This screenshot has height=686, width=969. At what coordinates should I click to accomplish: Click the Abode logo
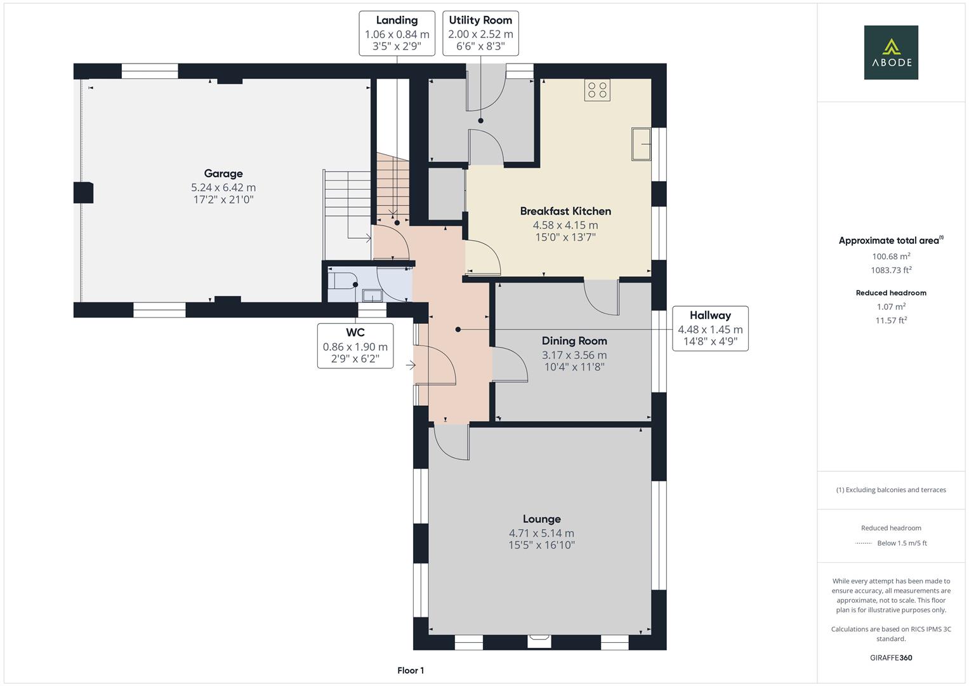click(891, 52)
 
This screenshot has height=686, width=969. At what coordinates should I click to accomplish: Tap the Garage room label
click(223, 173)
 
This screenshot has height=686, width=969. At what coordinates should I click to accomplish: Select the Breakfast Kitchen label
click(565, 211)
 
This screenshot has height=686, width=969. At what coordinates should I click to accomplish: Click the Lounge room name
click(541, 519)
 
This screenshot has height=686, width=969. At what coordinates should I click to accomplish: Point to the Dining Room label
click(574, 341)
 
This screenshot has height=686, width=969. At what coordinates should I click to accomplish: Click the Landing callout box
click(397, 33)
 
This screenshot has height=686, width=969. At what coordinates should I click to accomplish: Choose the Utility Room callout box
click(480, 33)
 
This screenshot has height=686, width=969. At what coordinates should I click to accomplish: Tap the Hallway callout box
click(710, 329)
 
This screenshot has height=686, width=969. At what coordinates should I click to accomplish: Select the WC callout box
click(355, 346)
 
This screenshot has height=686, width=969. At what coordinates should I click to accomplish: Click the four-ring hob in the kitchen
click(597, 90)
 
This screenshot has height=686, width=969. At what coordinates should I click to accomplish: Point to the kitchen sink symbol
click(641, 144)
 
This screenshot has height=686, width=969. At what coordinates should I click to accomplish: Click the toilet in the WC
click(343, 281)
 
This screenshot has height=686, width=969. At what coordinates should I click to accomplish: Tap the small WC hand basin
click(372, 296)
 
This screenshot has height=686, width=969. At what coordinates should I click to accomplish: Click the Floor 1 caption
click(411, 670)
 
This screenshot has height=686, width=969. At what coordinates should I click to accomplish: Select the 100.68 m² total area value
click(891, 256)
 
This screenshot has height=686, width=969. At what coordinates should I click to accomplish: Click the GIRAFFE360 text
click(891, 657)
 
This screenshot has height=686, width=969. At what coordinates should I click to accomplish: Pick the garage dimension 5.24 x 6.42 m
click(223, 187)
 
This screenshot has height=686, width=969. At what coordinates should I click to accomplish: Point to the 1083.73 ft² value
click(891, 270)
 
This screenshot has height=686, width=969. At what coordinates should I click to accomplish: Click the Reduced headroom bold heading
click(891, 293)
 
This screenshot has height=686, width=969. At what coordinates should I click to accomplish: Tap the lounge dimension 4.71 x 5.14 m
click(541, 533)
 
